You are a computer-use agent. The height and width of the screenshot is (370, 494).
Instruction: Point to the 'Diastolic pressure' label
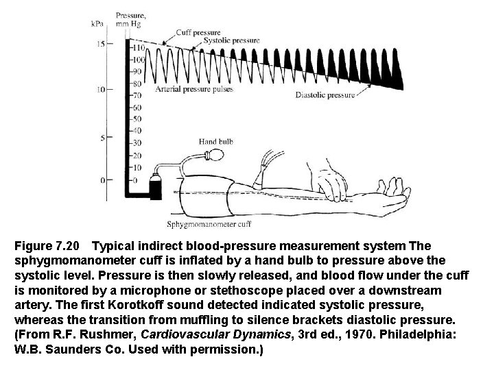[325, 95]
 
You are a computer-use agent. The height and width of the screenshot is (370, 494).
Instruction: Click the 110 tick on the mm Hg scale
[138, 48]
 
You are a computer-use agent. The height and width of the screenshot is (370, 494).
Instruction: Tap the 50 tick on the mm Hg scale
[137, 119]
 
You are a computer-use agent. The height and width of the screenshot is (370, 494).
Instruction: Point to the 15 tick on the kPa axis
[101, 44]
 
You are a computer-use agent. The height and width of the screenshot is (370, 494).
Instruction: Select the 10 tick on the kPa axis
[101, 89]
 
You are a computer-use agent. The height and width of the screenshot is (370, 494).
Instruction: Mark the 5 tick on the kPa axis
[103, 138]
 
